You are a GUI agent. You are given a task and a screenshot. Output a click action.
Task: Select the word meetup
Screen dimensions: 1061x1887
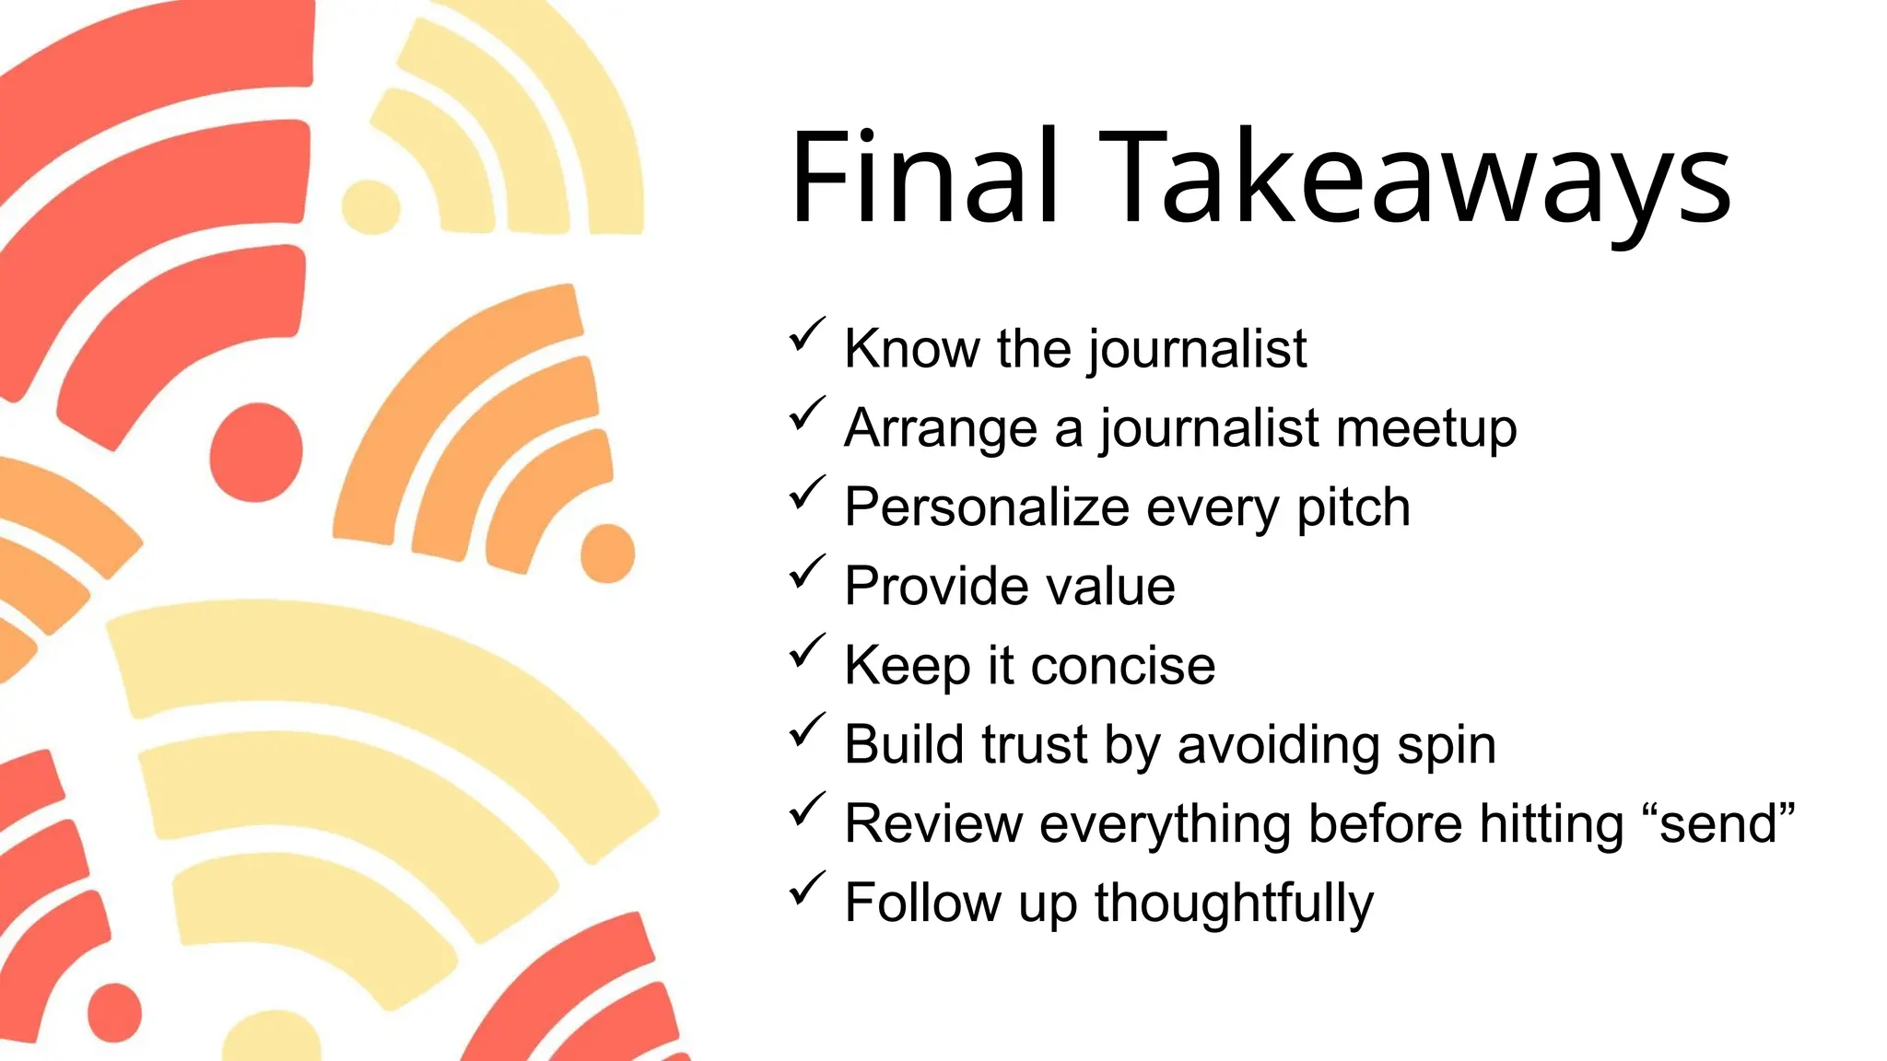(1425, 428)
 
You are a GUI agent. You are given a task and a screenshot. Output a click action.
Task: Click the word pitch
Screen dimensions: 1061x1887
(1353, 507)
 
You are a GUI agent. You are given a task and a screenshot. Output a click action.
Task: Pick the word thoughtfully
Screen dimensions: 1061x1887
(1234, 904)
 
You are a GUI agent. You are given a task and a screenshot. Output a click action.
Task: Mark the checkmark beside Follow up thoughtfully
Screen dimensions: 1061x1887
(806, 889)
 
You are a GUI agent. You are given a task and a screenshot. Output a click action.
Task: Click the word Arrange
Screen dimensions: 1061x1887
(941, 428)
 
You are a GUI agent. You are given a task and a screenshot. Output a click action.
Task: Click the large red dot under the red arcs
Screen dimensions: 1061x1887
(256, 451)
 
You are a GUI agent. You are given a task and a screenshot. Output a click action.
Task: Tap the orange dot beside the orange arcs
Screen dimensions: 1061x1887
(607, 554)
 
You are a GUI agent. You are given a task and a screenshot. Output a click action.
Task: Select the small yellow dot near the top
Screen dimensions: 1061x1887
(370, 206)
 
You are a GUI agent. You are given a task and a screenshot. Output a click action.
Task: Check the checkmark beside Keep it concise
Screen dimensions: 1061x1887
(806, 651)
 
